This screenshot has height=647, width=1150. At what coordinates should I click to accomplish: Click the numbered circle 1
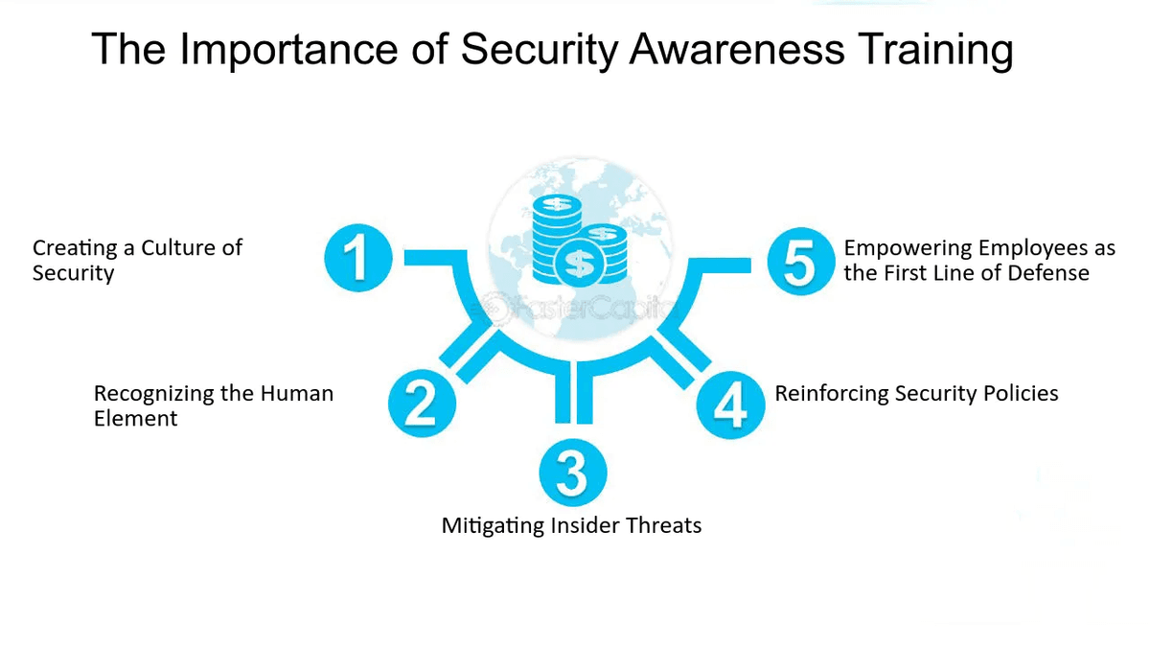pyautogui.click(x=358, y=257)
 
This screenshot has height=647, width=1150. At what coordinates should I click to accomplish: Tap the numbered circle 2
pyautogui.click(x=422, y=404)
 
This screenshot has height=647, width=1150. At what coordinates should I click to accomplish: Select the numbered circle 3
pyautogui.click(x=573, y=473)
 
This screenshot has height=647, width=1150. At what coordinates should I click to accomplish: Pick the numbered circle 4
pyautogui.click(x=730, y=404)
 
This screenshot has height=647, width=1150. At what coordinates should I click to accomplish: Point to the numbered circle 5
pyautogui.click(x=801, y=261)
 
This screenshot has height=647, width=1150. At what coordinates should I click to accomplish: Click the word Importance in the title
pyautogui.click(x=288, y=50)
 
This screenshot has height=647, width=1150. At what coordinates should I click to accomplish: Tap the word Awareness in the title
pyautogui.click(x=737, y=49)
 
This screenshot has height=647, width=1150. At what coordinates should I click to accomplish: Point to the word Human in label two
pyautogui.click(x=297, y=394)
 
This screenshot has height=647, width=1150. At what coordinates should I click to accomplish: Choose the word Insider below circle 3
pyautogui.click(x=587, y=525)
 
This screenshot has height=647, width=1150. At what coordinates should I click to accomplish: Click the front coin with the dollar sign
pyautogui.click(x=579, y=263)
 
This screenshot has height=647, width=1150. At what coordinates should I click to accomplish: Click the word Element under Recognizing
pyautogui.click(x=135, y=419)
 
